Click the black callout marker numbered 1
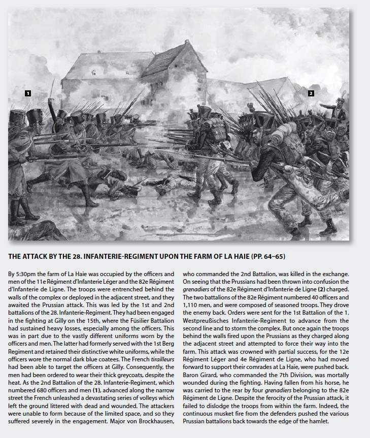tap(28, 93)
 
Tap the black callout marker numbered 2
tap(311, 93)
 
